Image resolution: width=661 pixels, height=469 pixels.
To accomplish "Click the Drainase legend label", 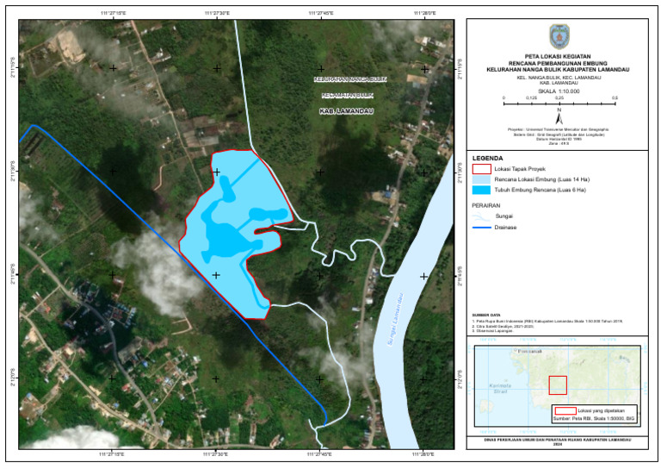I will pos(505,227).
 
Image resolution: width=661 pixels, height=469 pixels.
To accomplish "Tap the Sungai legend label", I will pos(503,216).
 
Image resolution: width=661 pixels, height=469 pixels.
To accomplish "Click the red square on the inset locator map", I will pos(558,385).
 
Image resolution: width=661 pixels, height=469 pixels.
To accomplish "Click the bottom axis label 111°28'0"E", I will pos(423,454).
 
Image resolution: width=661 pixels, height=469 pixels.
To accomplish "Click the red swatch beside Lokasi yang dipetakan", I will pos(565,410).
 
